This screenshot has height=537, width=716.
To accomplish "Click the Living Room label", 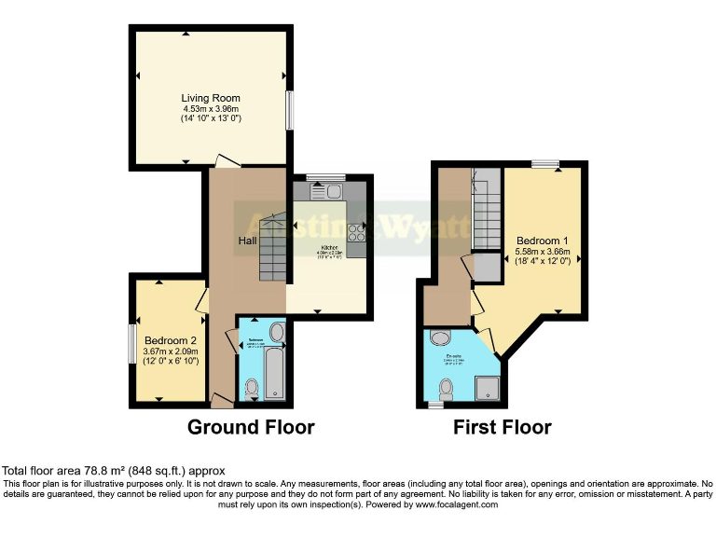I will [x=210, y=98].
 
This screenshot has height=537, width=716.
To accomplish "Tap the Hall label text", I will [x=247, y=241].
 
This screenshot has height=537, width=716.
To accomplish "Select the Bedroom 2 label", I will [x=171, y=340].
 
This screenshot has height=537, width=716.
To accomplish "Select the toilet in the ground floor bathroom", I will [x=251, y=388].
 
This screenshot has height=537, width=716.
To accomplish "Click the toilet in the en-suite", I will [x=447, y=395].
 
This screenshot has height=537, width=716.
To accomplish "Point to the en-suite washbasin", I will [x=441, y=337].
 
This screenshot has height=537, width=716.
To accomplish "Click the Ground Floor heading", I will [x=251, y=428].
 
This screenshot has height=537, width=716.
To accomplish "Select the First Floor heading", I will [x=502, y=428].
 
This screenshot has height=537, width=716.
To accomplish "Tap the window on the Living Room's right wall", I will [x=290, y=110].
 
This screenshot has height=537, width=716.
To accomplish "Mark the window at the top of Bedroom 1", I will [x=545, y=164].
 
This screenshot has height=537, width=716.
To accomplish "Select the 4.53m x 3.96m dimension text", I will [x=210, y=109].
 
